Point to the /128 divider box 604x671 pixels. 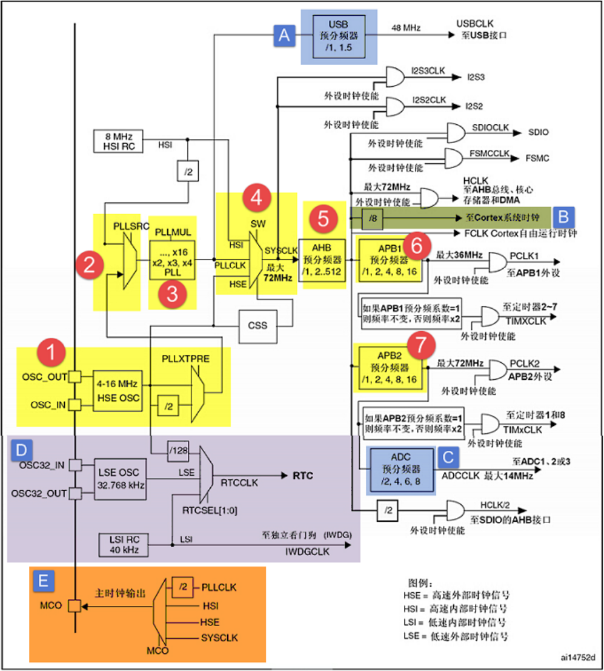(179, 450)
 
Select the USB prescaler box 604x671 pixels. (339, 36)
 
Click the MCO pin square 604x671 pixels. (74, 605)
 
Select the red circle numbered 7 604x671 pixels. (419, 343)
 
